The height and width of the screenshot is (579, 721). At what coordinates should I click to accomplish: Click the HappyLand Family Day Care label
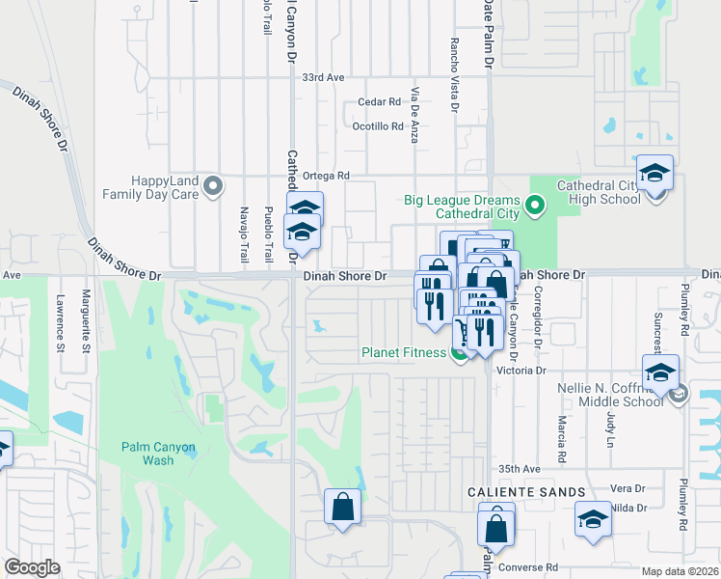166,187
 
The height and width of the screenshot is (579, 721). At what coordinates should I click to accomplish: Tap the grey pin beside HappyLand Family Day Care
214,184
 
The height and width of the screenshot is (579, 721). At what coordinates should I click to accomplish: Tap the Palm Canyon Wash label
158,454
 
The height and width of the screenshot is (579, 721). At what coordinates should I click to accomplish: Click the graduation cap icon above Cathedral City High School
655,174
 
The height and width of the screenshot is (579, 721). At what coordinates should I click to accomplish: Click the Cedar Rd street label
378,101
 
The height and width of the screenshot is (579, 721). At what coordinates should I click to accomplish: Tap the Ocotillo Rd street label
377,126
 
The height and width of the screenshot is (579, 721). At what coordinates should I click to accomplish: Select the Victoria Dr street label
521,370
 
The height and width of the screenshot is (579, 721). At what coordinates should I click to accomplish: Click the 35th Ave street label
521,469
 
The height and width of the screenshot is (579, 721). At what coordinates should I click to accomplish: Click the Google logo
32,567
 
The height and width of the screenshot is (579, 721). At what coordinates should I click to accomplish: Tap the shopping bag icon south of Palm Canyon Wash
343,505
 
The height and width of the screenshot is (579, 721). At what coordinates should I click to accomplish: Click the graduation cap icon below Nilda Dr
594,520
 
